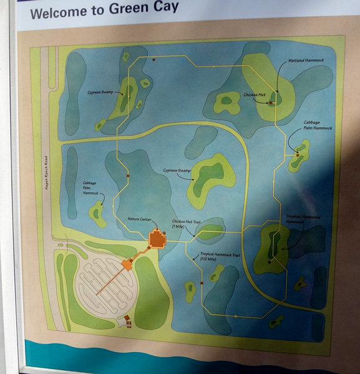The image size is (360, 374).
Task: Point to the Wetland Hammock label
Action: (306, 60)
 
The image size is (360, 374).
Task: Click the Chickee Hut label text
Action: (255, 95)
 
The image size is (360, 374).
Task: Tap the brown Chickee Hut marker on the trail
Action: (271, 103)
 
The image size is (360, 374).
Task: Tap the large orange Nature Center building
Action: (157, 239)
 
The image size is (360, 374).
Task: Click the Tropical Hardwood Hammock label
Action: (303, 219)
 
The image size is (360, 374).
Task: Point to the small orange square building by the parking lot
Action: (127, 265)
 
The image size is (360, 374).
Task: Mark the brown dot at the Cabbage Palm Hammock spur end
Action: (298, 154)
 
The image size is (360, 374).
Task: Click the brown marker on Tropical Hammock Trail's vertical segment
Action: (202, 284)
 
